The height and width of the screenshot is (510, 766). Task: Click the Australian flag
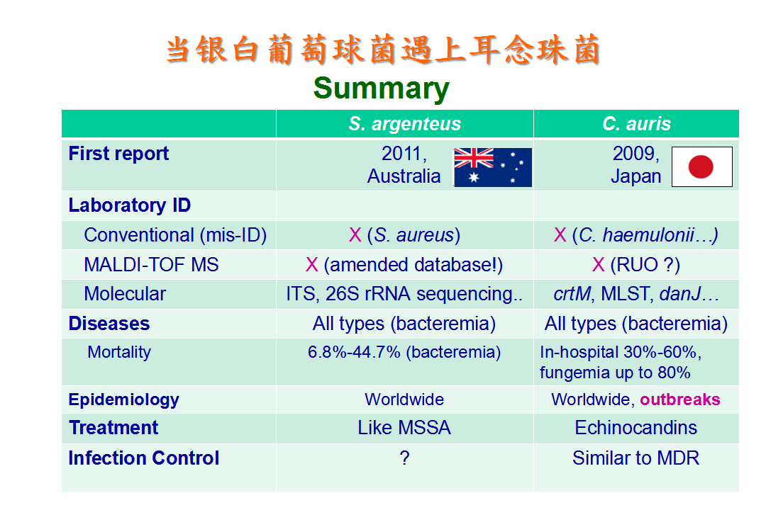pyautogui.click(x=493, y=167)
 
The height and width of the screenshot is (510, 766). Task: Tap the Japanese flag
pyautogui.click(x=702, y=167)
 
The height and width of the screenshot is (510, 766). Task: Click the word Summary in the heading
pyautogui.click(x=382, y=89)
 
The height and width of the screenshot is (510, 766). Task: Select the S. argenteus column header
pyautogui.click(x=404, y=124)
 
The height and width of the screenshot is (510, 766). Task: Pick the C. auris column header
pyautogui.click(x=636, y=124)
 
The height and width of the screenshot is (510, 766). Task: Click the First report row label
pyautogui.click(x=118, y=154)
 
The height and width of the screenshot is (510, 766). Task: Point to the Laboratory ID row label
pyautogui.click(x=130, y=205)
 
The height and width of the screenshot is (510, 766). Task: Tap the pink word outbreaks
pyautogui.click(x=680, y=399)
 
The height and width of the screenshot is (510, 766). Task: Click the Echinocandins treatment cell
pyautogui.click(x=636, y=428)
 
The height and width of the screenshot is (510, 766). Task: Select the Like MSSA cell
pyautogui.click(x=404, y=428)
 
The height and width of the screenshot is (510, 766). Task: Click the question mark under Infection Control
pyautogui.click(x=404, y=458)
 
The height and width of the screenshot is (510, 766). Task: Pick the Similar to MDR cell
pyautogui.click(x=636, y=458)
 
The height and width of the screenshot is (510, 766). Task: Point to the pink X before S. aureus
pyautogui.click(x=355, y=235)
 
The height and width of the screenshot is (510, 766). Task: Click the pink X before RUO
pyautogui.click(x=599, y=265)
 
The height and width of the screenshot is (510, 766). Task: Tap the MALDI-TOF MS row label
pyautogui.click(x=152, y=265)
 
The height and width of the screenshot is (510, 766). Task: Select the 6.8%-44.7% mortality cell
pyautogui.click(x=404, y=352)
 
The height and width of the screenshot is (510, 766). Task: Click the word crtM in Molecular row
pyautogui.click(x=572, y=294)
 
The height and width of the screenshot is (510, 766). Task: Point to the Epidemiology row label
pyautogui.click(x=123, y=399)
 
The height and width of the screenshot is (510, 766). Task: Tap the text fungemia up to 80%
pyautogui.click(x=615, y=373)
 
